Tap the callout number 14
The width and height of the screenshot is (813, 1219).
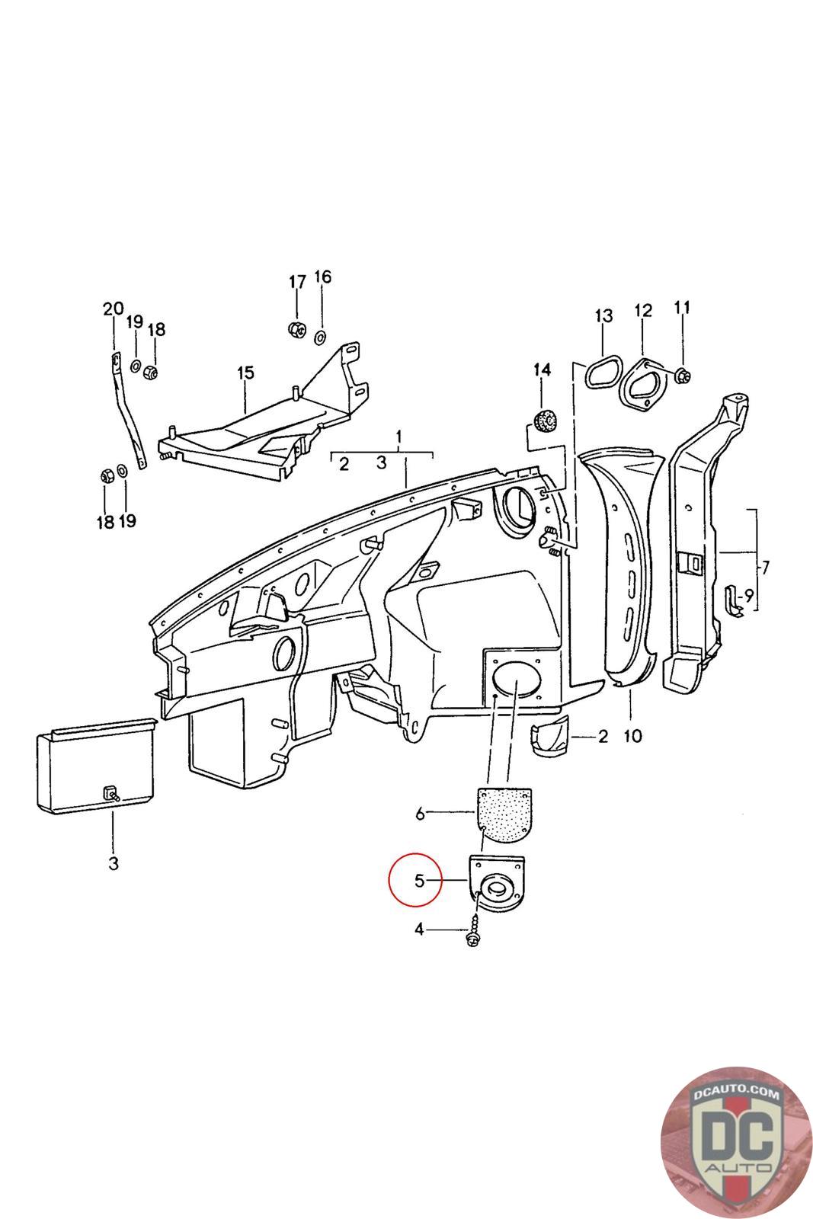542,370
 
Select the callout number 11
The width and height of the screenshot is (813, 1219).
682,307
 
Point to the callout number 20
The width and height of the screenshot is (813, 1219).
113,309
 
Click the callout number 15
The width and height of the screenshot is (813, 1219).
245,373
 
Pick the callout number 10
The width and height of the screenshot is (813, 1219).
632,736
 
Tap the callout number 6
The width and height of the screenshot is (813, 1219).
420,814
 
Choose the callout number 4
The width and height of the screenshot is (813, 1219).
419,929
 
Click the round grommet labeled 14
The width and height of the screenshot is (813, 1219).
543,420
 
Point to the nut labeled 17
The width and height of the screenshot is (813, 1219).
296,329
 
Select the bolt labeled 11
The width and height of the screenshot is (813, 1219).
682,374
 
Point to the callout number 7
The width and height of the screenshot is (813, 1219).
765,568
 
